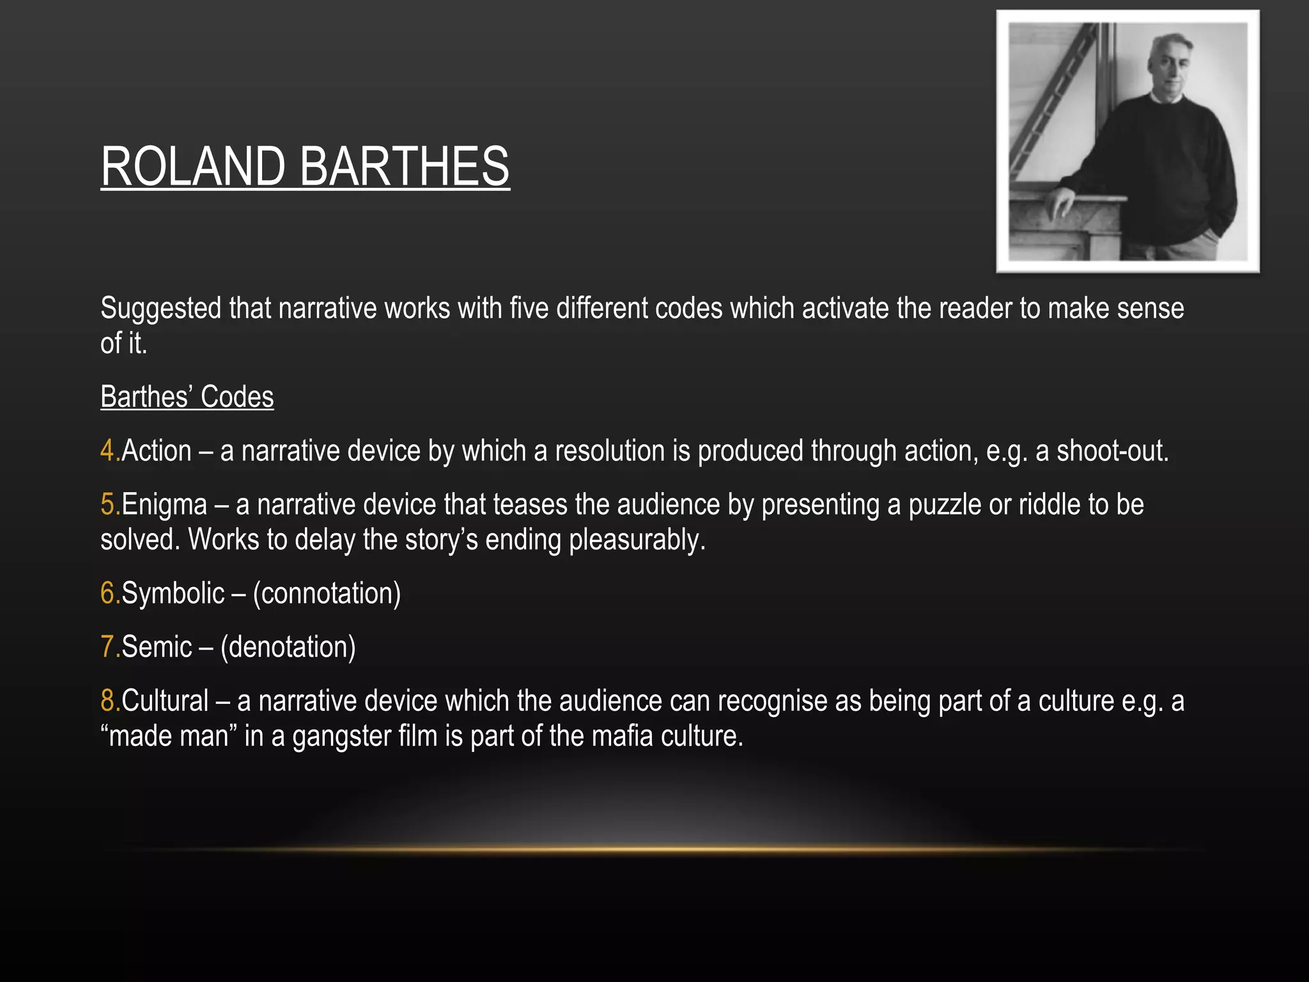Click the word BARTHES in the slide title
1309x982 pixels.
coord(404,166)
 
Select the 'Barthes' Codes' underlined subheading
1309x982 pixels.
coord(187,397)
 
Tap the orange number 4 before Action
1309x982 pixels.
coord(107,451)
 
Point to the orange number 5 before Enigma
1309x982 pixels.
coord(107,504)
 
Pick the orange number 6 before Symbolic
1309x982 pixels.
coord(107,593)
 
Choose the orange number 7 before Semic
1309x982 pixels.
coord(107,647)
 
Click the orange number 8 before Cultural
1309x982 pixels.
coord(107,701)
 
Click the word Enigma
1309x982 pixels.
coord(164,505)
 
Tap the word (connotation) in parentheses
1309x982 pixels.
coord(327,594)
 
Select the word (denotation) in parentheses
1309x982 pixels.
coord(288,648)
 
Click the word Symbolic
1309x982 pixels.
coord(173,594)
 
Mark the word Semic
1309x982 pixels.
coord(157,647)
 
